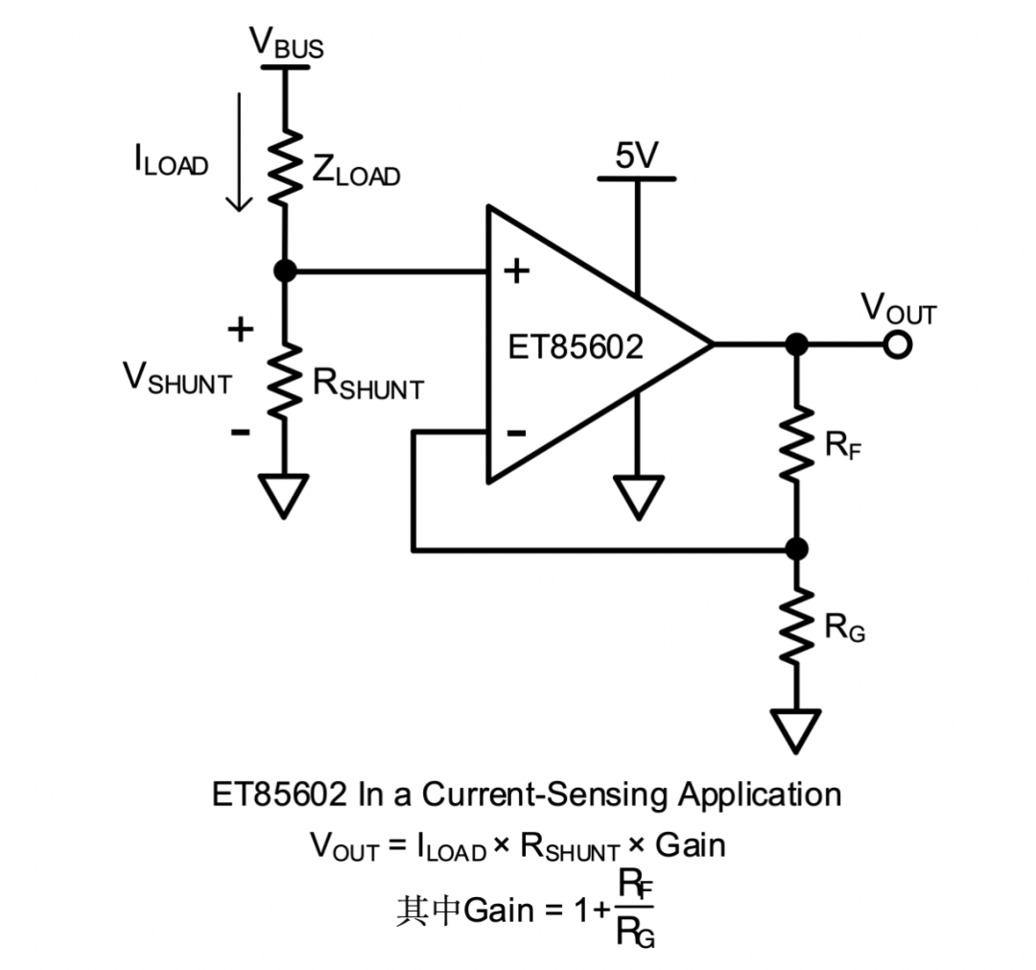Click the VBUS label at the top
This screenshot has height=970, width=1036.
pyautogui.click(x=285, y=43)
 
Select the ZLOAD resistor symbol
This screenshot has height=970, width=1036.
pyautogui.click(x=285, y=168)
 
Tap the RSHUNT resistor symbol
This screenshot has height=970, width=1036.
pyautogui.click(x=285, y=382)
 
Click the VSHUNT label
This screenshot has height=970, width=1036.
pyautogui.click(x=177, y=378)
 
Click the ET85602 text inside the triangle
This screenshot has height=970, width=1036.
pyautogui.click(x=576, y=347)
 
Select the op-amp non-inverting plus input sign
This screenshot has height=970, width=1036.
pyautogui.click(x=516, y=272)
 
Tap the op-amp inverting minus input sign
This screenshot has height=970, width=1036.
pyautogui.click(x=516, y=434)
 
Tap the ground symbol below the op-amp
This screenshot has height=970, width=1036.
pyautogui.click(x=635, y=497)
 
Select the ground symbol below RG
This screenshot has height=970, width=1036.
pyautogui.click(x=796, y=730)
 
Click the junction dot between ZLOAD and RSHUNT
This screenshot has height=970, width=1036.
pyautogui.click(x=285, y=272)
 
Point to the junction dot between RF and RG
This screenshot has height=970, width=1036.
pyautogui.click(x=795, y=549)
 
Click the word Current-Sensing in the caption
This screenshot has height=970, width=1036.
pyautogui.click(x=547, y=794)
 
